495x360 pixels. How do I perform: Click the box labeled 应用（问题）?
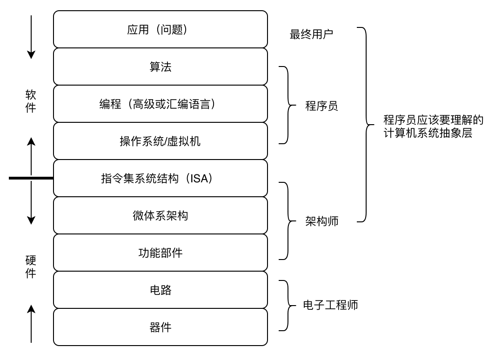[x=161, y=29]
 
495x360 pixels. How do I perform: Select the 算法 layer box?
[x=161, y=67]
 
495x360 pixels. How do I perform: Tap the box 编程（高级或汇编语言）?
[x=161, y=104]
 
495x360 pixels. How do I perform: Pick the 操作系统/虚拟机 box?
[x=161, y=141]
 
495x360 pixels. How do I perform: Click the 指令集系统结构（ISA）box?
[x=161, y=178]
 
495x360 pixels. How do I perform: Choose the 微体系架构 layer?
[x=161, y=215]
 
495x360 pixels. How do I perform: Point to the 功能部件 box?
[x=161, y=253]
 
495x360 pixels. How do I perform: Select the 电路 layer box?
[x=161, y=290]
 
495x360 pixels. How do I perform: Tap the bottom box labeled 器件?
[x=161, y=327]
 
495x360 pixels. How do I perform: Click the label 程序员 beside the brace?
[x=321, y=106]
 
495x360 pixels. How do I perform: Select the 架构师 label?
[x=321, y=221]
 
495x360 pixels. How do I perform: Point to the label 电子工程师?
[x=330, y=306]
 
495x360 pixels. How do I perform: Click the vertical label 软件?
[x=31, y=101]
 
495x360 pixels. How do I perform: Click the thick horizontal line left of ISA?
[x=31, y=178]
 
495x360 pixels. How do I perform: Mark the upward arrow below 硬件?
[x=31, y=323]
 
